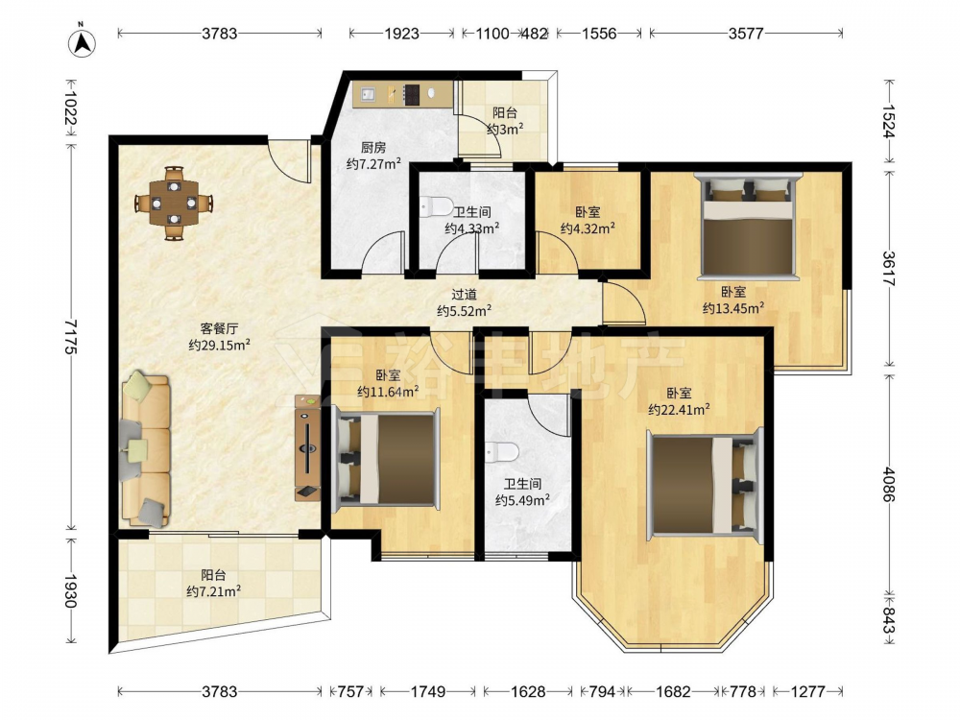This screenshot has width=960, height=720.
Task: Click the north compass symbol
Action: [82, 42]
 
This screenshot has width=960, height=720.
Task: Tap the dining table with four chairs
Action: [175, 202]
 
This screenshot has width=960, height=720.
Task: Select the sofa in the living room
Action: [146, 450]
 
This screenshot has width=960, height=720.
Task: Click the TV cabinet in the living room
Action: [307, 447]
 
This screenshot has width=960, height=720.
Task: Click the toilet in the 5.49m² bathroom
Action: [501, 452]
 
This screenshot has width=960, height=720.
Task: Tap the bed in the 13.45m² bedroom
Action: [749, 226]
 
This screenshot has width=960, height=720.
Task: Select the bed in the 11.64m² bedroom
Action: [386, 459]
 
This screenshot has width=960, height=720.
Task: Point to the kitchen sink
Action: [369, 94]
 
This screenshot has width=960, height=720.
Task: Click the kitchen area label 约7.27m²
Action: [373, 164]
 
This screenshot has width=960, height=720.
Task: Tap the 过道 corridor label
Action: [464, 295]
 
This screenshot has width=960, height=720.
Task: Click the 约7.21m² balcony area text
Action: [214, 591]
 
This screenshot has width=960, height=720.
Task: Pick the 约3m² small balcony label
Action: [505, 130]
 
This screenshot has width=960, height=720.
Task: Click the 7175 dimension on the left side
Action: [70, 337]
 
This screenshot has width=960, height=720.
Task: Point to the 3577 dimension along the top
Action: [746, 34]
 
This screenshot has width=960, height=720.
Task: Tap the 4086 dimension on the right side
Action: [889, 484]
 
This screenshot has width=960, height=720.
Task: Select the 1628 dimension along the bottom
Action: [528, 692]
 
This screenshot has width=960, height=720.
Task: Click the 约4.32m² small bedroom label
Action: [588, 229]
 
